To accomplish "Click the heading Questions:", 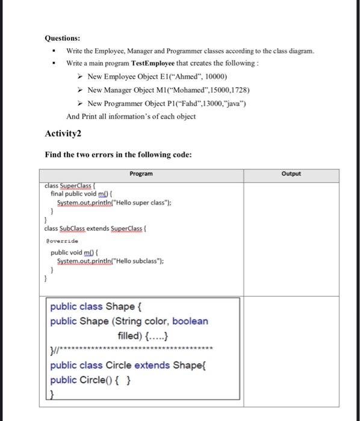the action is point(63,37).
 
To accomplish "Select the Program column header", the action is point(141,174).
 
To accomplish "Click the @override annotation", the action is point(62,239).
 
